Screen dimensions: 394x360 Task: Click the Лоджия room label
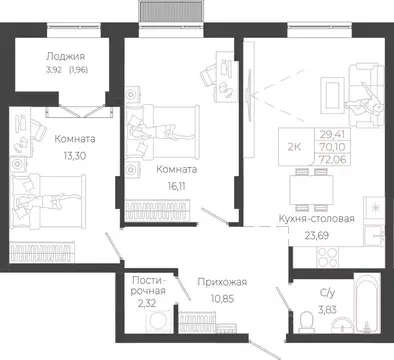(65, 56)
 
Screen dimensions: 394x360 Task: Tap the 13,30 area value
(75, 155)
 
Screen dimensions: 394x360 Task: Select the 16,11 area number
(176, 186)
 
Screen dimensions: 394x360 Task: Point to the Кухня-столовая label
(316, 219)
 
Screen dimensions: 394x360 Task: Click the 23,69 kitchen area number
(317, 235)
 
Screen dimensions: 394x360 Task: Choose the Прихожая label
(222, 282)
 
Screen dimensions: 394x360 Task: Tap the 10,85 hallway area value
(222, 298)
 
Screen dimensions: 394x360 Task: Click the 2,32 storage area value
(147, 303)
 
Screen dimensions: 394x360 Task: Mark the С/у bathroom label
(327, 293)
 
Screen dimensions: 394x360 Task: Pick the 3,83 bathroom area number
(327, 310)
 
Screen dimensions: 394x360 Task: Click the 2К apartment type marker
(294, 147)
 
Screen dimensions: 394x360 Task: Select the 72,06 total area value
(333, 160)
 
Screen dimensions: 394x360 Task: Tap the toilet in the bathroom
(306, 322)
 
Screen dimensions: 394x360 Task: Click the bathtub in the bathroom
(367, 303)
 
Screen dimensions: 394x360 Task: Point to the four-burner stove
(327, 257)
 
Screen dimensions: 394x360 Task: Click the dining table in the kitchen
(311, 190)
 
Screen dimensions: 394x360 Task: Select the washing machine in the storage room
(158, 321)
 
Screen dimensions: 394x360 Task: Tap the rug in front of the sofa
(332, 95)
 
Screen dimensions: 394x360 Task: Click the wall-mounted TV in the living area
(248, 96)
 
